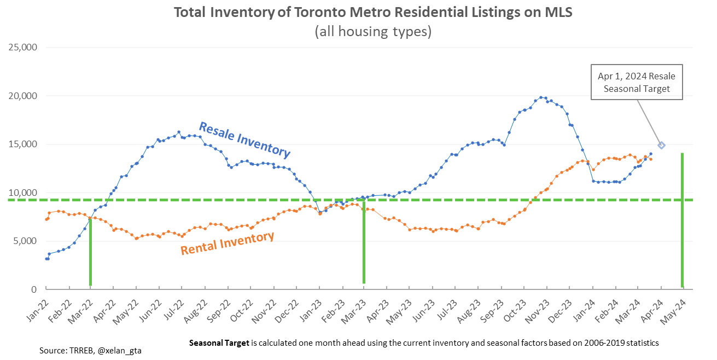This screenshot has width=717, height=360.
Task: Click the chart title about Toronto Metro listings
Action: click(373, 12)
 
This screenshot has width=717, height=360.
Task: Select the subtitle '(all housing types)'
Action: click(373, 32)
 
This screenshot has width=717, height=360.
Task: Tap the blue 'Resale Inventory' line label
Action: click(244, 140)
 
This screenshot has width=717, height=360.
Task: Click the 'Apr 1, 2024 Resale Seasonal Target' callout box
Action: click(637, 83)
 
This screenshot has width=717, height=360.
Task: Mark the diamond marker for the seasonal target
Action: click(661, 145)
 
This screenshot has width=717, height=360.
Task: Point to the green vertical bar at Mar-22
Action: click(90, 252)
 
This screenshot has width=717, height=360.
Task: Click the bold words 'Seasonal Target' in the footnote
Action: click(219, 343)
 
